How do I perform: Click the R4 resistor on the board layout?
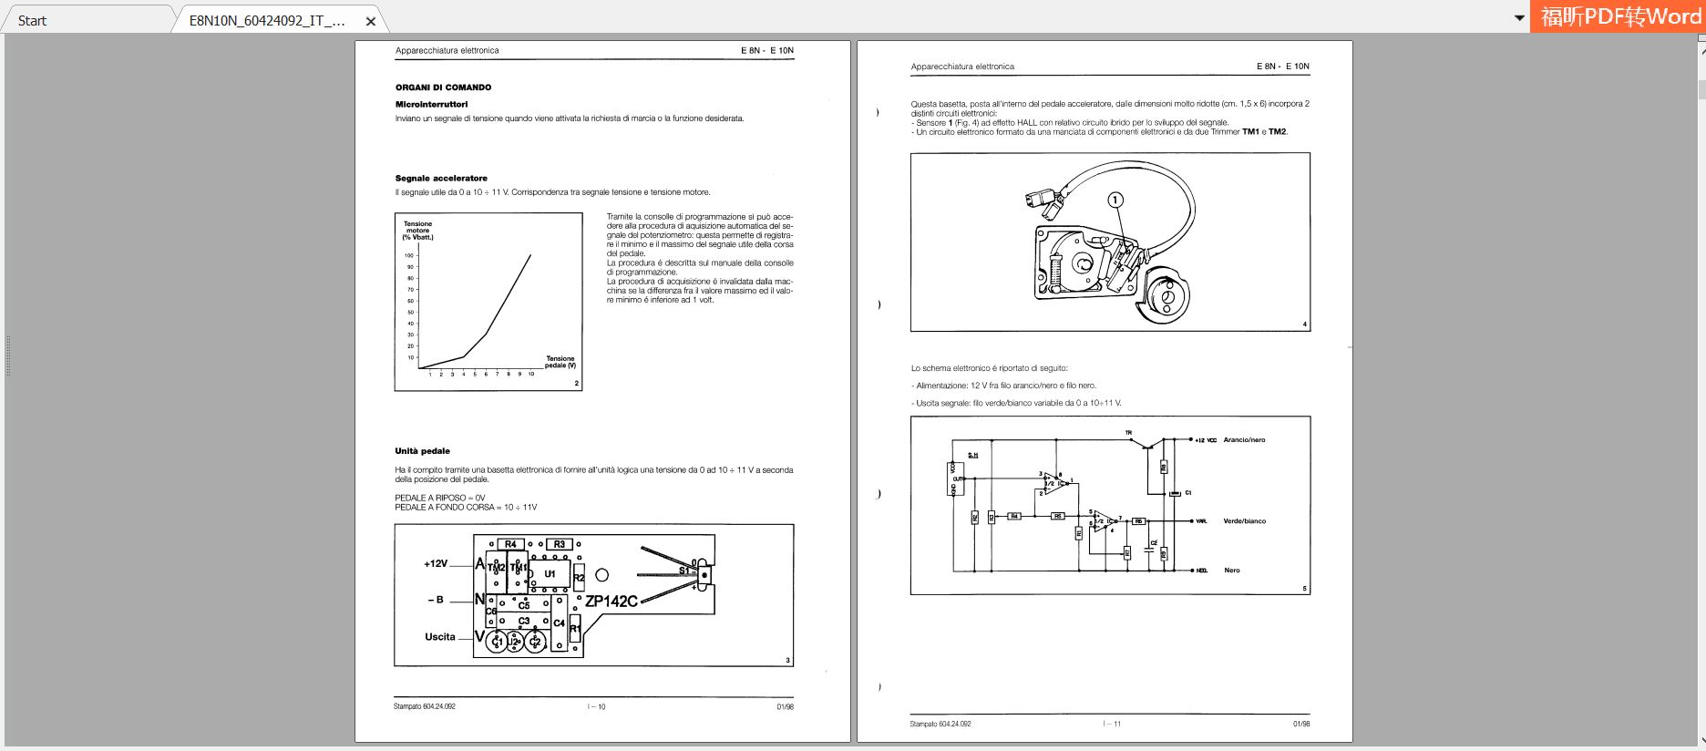coord(510,544)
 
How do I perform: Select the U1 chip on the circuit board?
coord(550,573)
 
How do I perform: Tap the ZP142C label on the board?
coord(611,602)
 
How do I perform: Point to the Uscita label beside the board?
coord(440,637)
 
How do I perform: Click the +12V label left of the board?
coord(436,564)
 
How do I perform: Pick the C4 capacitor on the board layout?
coord(559,623)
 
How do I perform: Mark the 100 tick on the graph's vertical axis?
coord(410,255)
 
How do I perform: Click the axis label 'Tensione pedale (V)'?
coord(560,362)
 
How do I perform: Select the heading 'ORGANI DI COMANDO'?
coord(443,87)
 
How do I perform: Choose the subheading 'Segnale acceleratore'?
coord(441,179)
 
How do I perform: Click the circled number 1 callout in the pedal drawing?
coord(1115,200)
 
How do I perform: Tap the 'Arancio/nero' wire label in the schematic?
coord(1244,440)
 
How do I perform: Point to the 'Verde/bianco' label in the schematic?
coord(1244,521)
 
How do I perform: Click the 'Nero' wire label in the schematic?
coord(1232,571)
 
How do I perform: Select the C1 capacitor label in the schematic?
coord(1188,493)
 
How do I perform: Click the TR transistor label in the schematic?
coord(1128,433)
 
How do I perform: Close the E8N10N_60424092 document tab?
coord(371,21)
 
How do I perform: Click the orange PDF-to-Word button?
coord(1619,16)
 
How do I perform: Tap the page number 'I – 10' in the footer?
coord(597,707)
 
